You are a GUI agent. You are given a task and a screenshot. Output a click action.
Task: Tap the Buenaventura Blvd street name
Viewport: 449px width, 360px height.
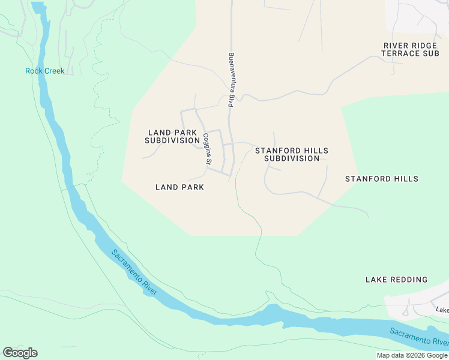point(231,80)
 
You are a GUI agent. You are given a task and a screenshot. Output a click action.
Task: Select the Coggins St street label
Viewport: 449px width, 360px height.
point(206,149)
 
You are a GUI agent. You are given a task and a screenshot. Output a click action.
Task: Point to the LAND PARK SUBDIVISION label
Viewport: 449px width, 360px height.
point(172,136)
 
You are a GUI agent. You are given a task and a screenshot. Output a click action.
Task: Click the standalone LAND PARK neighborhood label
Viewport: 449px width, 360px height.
point(179,187)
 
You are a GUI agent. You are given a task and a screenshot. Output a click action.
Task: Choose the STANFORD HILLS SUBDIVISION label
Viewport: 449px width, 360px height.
point(292,154)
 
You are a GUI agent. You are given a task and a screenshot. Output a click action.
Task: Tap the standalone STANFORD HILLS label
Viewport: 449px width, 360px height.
point(381,179)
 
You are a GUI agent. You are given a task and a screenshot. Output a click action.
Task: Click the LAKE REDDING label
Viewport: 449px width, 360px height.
point(396,280)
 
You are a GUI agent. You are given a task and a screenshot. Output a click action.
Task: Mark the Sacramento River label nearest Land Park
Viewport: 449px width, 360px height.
point(134,271)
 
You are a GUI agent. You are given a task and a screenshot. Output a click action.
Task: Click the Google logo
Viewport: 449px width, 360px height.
point(20,352)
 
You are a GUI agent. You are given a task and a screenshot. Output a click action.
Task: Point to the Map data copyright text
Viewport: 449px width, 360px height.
point(412,355)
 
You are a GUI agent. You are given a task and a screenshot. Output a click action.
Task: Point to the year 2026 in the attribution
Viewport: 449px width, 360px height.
point(417,355)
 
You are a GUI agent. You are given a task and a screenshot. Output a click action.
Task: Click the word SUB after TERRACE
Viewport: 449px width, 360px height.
point(431,53)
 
